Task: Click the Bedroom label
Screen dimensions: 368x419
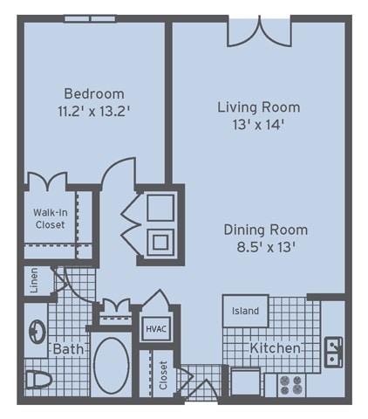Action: (x=94, y=93)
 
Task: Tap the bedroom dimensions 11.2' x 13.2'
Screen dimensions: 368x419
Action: (x=93, y=111)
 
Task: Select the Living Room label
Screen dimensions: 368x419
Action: (x=259, y=107)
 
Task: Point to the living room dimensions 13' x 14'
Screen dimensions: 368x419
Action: (x=258, y=125)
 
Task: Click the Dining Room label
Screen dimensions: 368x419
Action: (x=266, y=230)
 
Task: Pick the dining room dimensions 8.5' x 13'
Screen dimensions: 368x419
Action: (x=266, y=248)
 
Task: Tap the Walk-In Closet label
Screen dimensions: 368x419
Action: (x=51, y=218)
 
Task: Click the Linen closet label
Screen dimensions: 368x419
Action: (x=34, y=280)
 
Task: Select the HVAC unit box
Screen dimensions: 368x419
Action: (x=156, y=329)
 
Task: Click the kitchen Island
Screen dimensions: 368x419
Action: (x=245, y=311)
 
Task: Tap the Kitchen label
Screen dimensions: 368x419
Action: (x=275, y=348)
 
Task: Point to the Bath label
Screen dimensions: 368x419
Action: (x=69, y=348)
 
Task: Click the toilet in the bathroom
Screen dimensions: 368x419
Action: (x=39, y=380)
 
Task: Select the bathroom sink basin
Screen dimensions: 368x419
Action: (x=37, y=332)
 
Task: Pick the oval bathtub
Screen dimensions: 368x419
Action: (x=112, y=366)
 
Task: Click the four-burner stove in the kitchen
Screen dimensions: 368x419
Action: (x=291, y=385)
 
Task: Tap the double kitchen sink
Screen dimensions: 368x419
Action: (x=333, y=352)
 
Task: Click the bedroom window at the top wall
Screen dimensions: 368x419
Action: (x=90, y=18)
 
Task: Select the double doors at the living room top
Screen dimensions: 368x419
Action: (x=259, y=31)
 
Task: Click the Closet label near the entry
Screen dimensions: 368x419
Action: (x=164, y=375)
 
